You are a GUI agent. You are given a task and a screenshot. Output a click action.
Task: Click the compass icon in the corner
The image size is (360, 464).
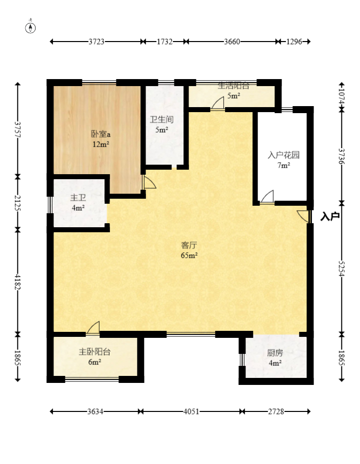[30, 27]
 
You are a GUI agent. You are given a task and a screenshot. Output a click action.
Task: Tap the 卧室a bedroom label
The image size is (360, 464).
[100, 134]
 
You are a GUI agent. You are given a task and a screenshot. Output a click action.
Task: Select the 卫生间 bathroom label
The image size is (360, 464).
[161, 120]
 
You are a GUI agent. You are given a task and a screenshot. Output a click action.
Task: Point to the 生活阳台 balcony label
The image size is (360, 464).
[233, 86]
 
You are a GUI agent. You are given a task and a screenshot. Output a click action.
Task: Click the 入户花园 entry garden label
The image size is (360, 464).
[283, 155]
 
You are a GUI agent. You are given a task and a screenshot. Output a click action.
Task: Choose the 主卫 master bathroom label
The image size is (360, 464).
[78, 198]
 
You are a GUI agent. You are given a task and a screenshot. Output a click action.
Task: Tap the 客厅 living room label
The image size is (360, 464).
[189, 245]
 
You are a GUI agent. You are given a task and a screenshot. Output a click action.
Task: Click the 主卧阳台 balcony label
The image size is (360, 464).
[94, 351]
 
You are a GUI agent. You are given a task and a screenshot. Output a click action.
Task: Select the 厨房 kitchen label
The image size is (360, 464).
[275, 353]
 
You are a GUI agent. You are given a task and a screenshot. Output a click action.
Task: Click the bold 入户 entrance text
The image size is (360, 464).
[330, 216]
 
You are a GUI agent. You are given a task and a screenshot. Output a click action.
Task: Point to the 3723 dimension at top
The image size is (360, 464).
[96, 42]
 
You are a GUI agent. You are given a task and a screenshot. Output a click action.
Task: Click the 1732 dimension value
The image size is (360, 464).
[164, 42]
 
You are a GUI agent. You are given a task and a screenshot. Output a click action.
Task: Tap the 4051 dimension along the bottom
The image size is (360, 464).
[191, 411]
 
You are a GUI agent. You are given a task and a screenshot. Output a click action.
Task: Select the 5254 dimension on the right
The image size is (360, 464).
[341, 269]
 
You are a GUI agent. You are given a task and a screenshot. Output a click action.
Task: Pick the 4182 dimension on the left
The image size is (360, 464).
[17, 282]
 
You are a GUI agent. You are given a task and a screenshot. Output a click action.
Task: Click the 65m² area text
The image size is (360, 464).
[189, 255]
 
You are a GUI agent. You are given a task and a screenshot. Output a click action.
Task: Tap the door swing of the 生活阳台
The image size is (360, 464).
[217, 103]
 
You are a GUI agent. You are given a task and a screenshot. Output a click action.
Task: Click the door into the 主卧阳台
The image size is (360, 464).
[93, 328]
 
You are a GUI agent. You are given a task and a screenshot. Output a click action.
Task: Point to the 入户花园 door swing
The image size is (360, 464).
[267, 197]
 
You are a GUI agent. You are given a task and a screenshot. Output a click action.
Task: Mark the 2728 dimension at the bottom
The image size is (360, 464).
[276, 411]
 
